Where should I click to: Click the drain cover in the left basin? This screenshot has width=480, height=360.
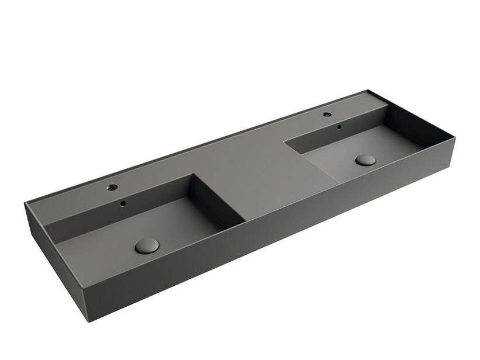147,245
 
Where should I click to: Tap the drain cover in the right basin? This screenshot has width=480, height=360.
366,160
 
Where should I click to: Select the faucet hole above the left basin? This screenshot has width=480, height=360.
112,188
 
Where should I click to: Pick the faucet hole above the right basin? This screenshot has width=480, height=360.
327,114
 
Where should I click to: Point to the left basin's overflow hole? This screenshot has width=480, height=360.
123,204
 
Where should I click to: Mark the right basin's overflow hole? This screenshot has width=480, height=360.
338,126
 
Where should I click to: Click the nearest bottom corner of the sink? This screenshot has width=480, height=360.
89,323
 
